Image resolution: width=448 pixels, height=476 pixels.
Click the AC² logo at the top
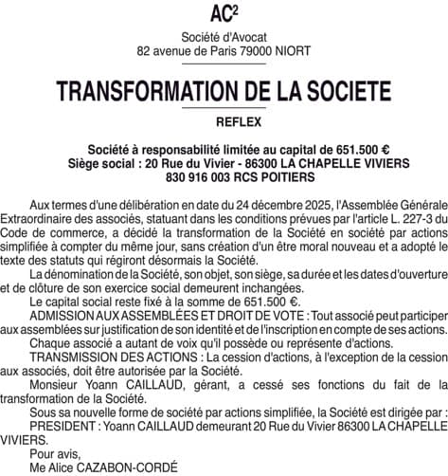pyautogui.click(x=224, y=13)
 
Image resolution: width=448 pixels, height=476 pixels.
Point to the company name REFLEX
pyautogui.click(x=224, y=122)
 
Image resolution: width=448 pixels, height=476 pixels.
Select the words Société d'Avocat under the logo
pyautogui.click(x=224, y=36)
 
